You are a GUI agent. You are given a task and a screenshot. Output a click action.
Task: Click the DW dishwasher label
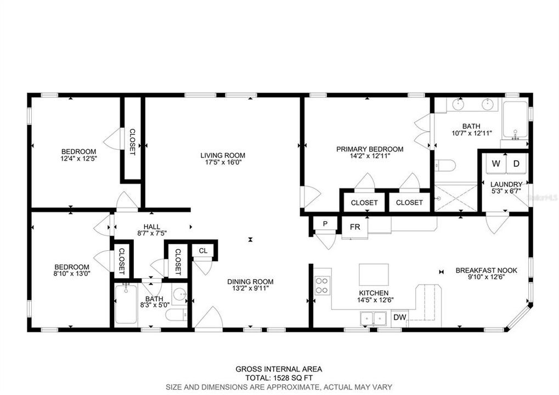tap(400, 317)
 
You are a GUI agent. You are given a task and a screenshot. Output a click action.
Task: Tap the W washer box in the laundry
tap(495, 164)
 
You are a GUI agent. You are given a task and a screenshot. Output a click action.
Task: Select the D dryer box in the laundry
tap(516, 164)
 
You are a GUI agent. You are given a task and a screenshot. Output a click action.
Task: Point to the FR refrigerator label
tap(355, 227)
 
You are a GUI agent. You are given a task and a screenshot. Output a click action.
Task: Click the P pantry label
tap(325, 224)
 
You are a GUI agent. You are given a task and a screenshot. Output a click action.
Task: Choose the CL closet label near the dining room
tap(203, 251)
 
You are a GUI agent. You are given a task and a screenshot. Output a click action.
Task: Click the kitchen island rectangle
tap(374, 275)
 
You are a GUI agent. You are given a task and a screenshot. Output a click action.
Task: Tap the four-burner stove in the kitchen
tap(322, 285)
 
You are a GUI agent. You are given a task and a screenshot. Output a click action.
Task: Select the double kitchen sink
tap(373, 318)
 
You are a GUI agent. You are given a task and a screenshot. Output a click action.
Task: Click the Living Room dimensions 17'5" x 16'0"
tap(223, 162)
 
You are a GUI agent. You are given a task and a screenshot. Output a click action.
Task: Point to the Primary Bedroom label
tap(370, 149)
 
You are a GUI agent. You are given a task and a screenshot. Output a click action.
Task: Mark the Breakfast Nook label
tap(486, 270)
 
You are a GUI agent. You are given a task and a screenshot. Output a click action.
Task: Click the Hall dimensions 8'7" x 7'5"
tap(152, 234)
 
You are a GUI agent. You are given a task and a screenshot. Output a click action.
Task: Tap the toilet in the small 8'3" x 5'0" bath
tap(177, 315)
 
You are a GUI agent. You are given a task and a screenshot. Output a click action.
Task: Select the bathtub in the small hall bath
tap(126, 304)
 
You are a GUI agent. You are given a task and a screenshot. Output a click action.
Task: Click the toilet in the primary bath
tap(445, 166)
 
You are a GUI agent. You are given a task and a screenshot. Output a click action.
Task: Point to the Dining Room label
tap(250, 281)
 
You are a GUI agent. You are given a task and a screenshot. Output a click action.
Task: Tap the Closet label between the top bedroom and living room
tap(132, 142)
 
